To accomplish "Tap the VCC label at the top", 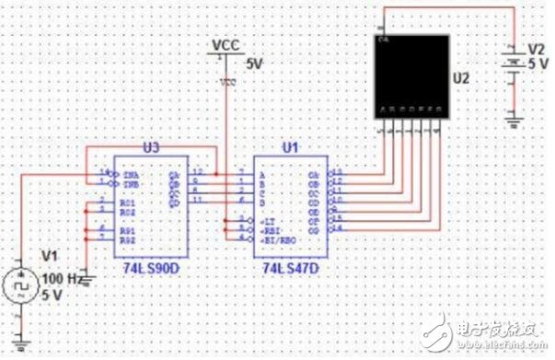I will coord(225,43).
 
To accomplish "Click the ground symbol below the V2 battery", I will coord(515,117).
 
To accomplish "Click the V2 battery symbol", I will coord(515,64).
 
